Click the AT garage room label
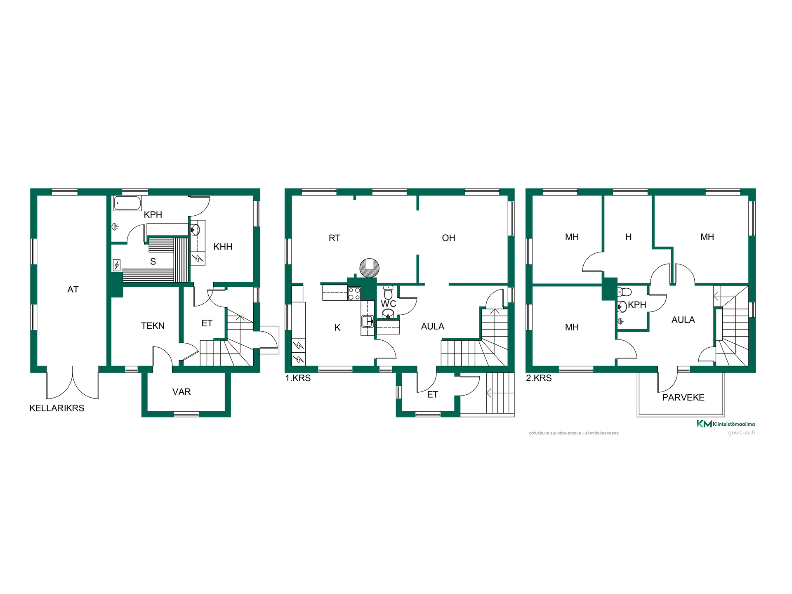(x=73, y=290)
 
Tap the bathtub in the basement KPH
(x=127, y=203)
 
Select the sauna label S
(x=153, y=262)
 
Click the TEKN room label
(x=153, y=326)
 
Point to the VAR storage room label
(x=181, y=392)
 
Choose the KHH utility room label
(x=223, y=247)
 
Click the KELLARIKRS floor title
(x=57, y=408)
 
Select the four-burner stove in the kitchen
(x=354, y=294)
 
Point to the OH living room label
(x=448, y=238)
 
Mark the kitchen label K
(x=337, y=328)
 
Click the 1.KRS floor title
(x=298, y=378)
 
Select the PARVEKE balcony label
(x=683, y=398)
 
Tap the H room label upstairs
(x=628, y=237)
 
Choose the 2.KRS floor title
(x=539, y=378)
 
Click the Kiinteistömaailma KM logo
(x=726, y=424)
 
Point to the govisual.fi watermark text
(x=741, y=433)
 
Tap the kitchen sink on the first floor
(x=367, y=321)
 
